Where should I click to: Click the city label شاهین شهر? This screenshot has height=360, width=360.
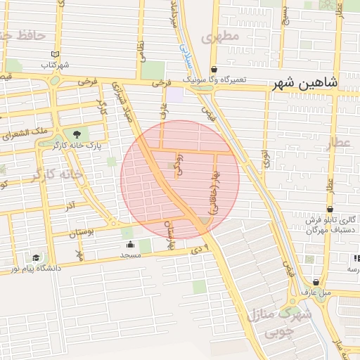307,83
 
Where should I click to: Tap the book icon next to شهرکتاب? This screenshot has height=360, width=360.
56,54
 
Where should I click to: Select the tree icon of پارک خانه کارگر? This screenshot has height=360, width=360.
77,134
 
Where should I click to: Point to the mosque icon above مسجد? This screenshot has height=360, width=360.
131,245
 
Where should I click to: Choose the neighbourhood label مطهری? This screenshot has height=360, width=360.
221,36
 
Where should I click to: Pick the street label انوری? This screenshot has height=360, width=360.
266,158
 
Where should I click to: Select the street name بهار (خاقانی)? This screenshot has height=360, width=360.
213,193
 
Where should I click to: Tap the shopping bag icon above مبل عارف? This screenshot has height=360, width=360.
316,283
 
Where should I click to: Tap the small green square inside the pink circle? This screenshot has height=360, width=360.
172,167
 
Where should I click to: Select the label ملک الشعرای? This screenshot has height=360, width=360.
25,131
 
